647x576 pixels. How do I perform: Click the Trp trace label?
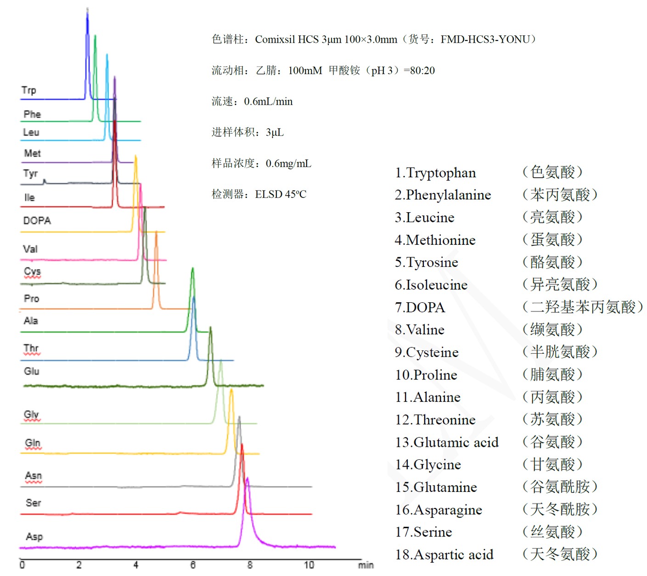coord(28,90)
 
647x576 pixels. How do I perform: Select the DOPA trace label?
coord(37,220)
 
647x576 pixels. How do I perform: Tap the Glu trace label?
coord(31,371)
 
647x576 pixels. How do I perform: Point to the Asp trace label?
coord(34,536)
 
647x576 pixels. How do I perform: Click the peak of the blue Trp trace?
coord(87,11)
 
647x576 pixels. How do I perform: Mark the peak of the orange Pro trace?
coord(156,232)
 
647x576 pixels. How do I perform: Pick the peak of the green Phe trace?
coord(95,36)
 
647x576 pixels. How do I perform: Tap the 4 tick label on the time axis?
coord(136,565)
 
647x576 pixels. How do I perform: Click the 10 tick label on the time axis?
coord(309,565)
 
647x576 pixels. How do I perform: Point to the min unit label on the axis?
coord(366,565)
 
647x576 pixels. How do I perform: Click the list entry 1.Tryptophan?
coord(435,173)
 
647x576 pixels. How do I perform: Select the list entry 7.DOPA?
coord(420,308)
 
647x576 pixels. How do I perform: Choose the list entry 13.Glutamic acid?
coord(446,442)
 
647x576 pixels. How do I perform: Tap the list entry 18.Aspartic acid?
coord(444,555)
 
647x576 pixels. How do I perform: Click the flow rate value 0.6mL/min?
coord(268,102)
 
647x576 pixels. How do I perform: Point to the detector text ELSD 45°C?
coord(281,195)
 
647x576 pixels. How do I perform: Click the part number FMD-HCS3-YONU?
coord(485,40)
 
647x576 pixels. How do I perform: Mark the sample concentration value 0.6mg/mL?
coord(288,164)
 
